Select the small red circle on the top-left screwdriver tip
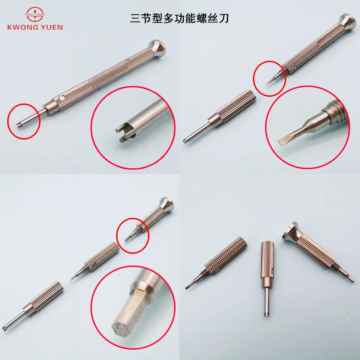pos(24,120)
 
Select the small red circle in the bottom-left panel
pos(133,235)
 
